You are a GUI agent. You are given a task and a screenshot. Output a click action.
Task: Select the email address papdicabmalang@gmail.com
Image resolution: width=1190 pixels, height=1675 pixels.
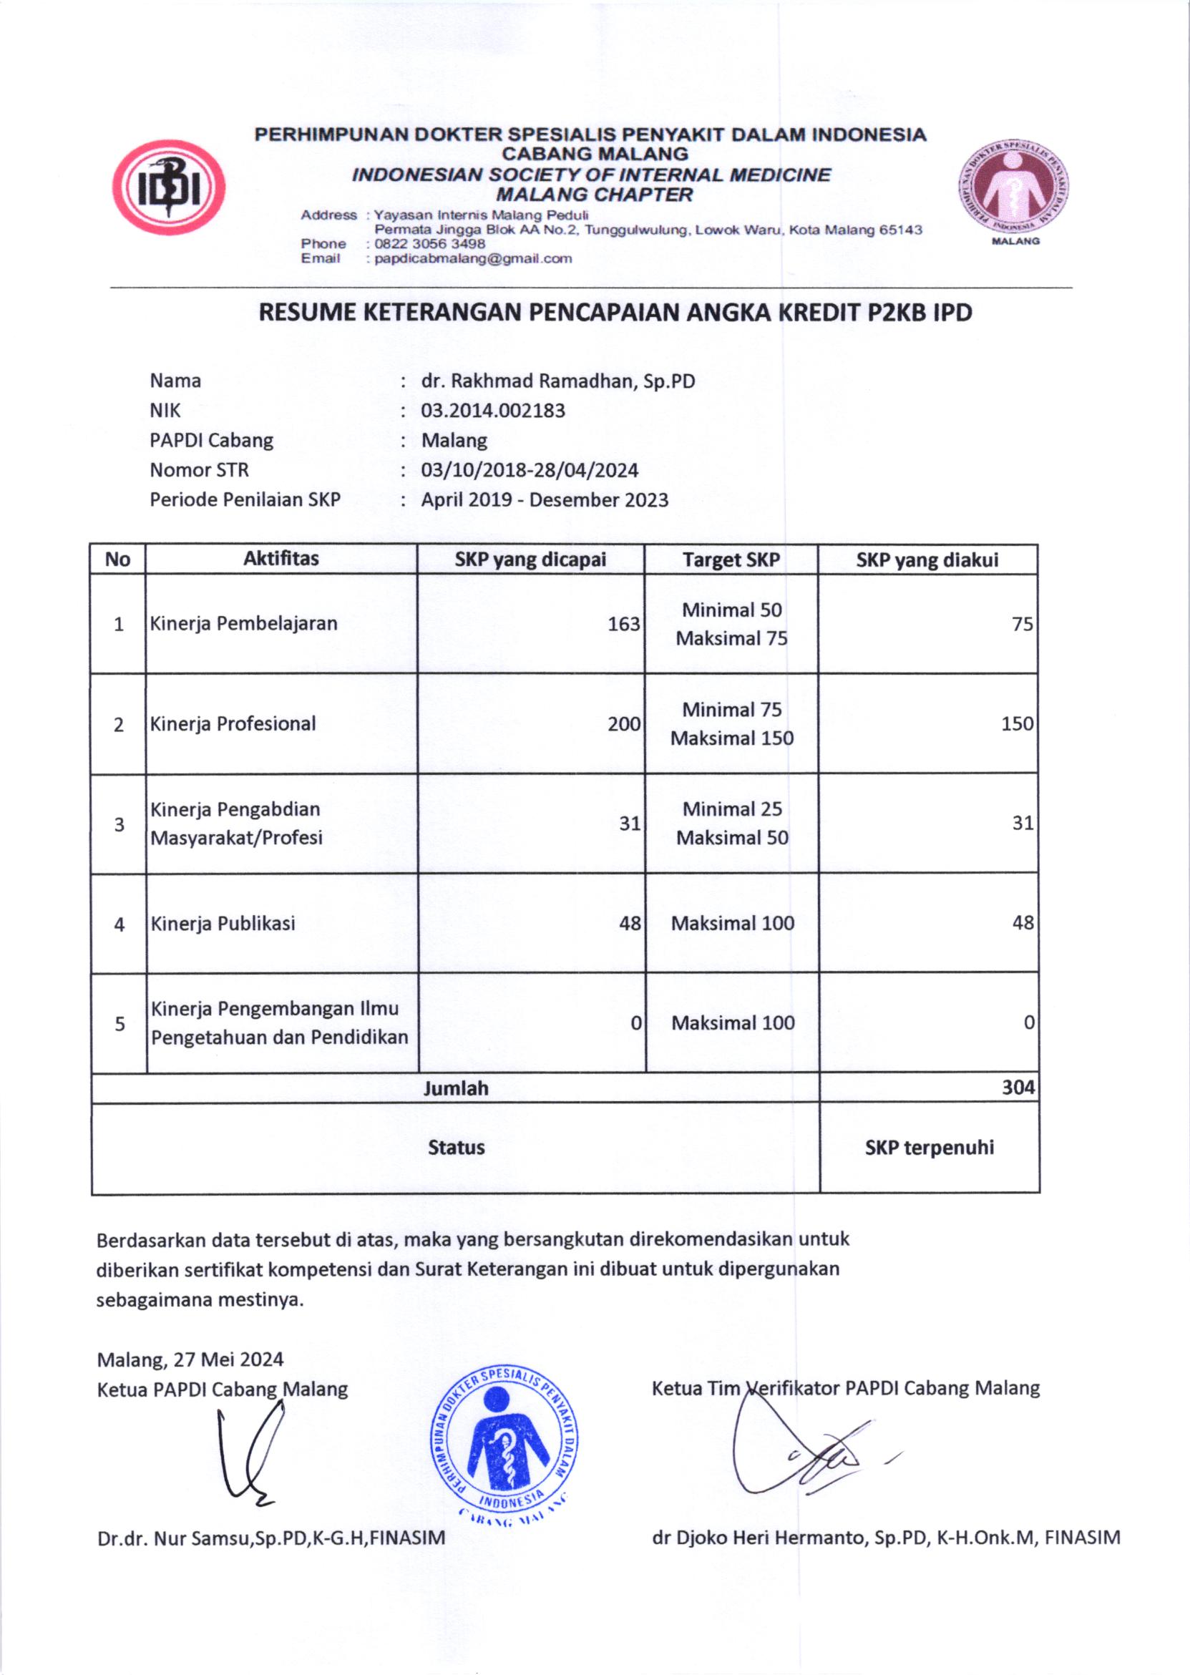click(472, 258)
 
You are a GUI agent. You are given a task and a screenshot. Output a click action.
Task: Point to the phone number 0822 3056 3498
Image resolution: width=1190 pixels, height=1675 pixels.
click(429, 244)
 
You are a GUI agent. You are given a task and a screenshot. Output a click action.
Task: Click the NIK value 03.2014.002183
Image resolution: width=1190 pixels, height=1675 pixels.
click(493, 410)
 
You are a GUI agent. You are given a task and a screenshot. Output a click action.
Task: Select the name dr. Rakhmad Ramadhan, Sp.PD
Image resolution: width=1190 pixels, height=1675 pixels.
click(557, 381)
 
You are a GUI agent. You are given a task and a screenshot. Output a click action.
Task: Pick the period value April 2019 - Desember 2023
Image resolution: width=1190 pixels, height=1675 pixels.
click(545, 499)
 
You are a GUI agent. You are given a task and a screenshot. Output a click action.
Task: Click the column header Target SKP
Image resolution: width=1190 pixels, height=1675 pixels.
click(731, 560)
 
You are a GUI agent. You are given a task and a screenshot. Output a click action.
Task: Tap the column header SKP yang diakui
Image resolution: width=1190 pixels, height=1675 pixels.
click(927, 560)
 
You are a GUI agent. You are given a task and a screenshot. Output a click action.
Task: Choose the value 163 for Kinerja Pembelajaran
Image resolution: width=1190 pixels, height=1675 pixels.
click(623, 624)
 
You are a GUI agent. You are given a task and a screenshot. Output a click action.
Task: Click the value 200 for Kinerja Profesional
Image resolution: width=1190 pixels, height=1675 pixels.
click(623, 724)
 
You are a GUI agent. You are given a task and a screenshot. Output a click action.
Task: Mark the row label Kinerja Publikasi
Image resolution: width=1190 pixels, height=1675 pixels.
click(223, 923)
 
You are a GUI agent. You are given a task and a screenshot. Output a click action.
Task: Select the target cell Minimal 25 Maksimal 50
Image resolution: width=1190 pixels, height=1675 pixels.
click(732, 824)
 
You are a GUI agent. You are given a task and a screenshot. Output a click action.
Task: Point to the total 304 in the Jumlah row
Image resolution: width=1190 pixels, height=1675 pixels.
click(1018, 1088)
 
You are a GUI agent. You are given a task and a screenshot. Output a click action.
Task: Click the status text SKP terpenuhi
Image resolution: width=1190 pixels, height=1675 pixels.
click(929, 1148)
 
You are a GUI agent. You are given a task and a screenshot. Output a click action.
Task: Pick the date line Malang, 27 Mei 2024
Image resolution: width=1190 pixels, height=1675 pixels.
click(190, 1359)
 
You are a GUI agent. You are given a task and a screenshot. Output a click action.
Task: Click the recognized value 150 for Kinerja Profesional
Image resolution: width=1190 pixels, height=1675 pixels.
click(1017, 724)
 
